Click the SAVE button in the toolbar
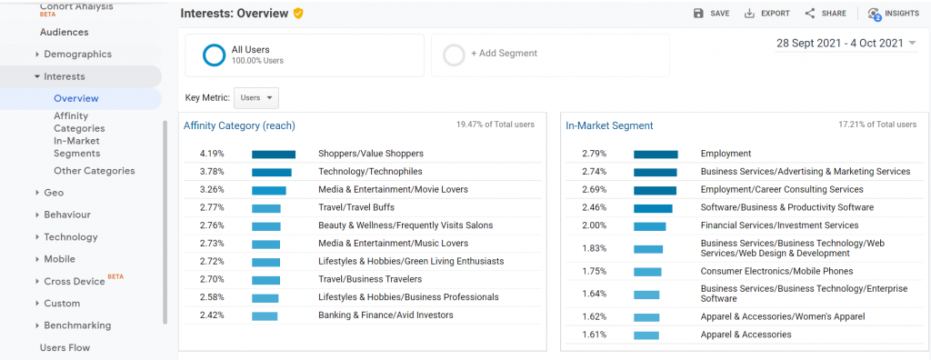[x=711, y=14]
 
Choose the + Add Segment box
[x=549, y=55]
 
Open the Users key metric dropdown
[x=256, y=97]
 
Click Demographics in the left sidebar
[x=77, y=55]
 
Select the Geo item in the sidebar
[x=54, y=193]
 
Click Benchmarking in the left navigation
[x=77, y=325]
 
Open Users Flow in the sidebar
[x=65, y=347]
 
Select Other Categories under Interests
[x=94, y=171]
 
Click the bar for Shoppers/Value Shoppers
[x=274, y=155]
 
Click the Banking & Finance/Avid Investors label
[x=385, y=315]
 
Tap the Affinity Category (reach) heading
[x=239, y=125]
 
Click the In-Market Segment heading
[x=609, y=125]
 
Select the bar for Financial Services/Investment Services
[x=650, y=226]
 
